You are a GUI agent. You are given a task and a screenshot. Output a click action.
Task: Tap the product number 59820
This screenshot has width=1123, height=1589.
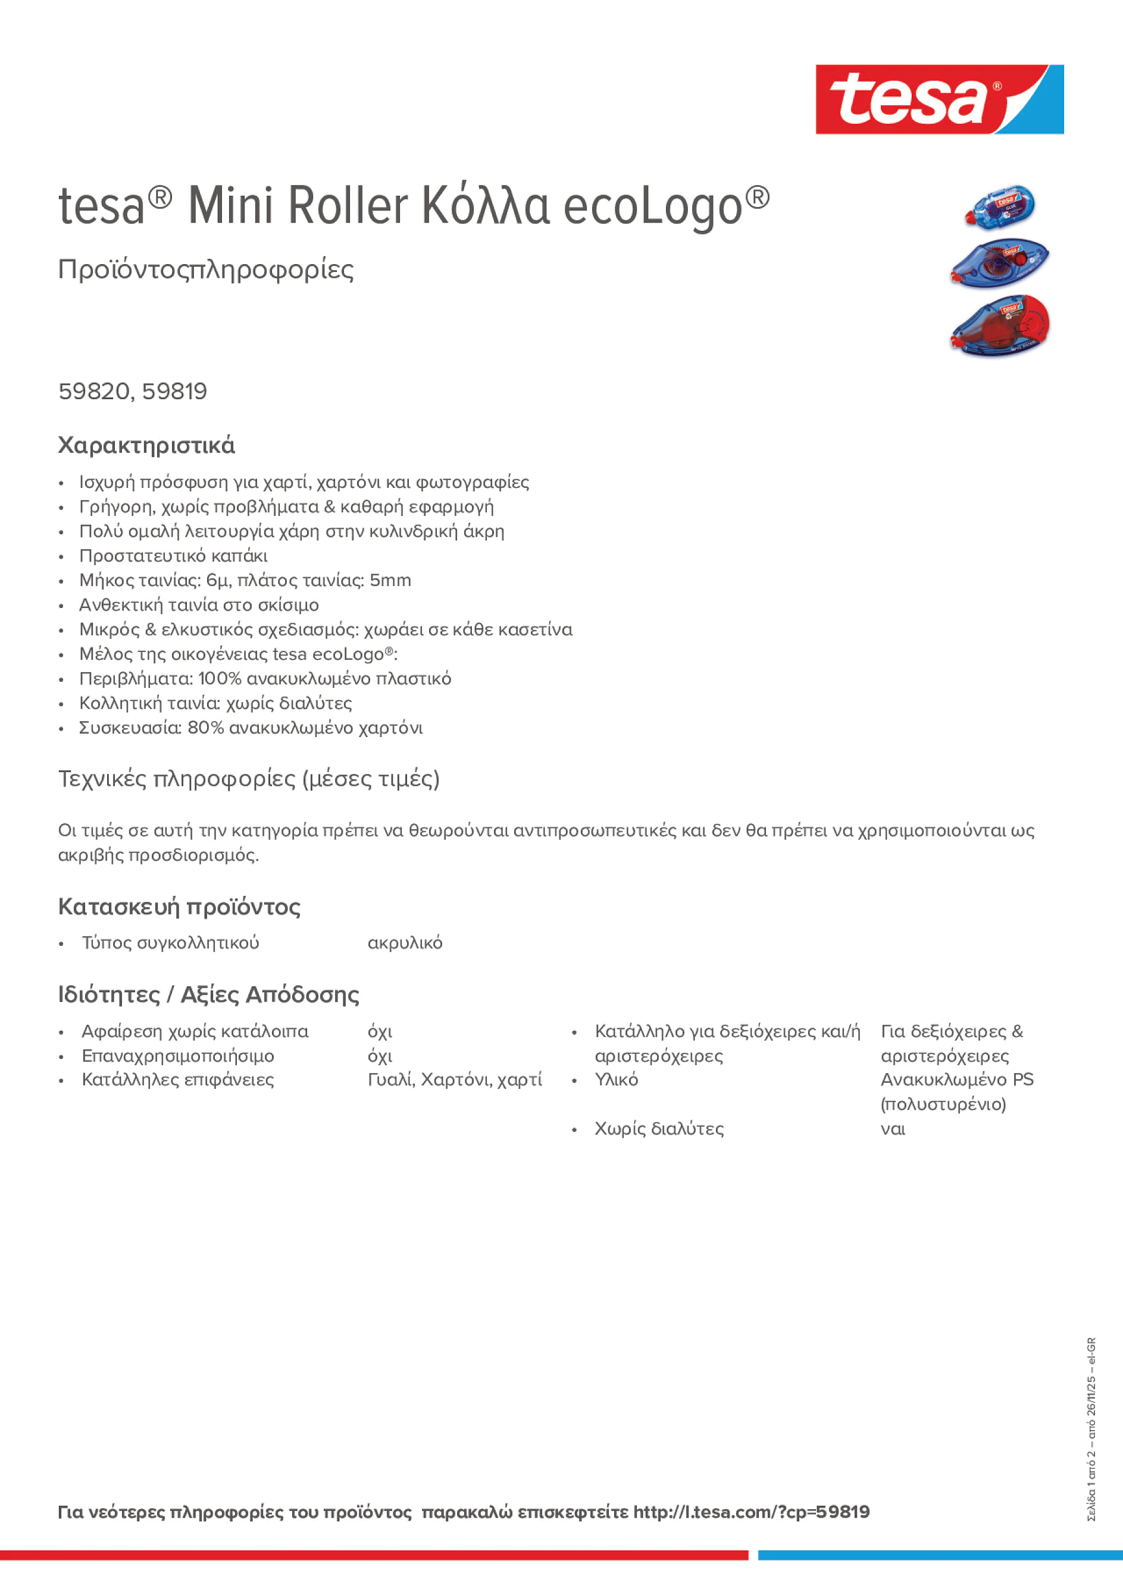93,391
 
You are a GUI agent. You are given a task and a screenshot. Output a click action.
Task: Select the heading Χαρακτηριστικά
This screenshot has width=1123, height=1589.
146,445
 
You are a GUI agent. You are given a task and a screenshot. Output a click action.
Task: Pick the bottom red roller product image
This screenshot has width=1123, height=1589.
1000,325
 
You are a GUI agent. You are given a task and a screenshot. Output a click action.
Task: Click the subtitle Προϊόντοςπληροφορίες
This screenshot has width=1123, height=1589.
206,269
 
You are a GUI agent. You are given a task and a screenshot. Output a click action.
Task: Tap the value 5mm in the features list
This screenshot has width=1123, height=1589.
390,580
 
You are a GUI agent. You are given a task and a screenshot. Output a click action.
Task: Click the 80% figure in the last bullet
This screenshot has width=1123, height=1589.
206,728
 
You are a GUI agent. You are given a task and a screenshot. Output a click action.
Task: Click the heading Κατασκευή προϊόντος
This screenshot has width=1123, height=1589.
179,907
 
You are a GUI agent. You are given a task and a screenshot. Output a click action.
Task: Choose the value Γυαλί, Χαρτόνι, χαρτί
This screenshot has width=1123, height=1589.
454,1080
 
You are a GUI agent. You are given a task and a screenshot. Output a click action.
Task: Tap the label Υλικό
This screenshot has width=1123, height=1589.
616,1080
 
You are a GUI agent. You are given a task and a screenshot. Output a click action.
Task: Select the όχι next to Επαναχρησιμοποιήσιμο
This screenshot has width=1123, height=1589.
380,1056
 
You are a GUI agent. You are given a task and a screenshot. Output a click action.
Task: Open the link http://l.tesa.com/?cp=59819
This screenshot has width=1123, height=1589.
751,1512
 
